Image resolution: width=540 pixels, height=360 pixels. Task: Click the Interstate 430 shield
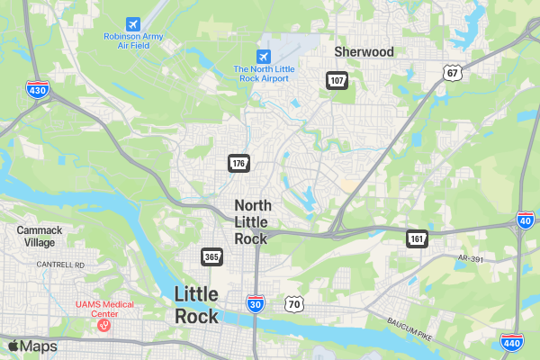(x=38, y=90)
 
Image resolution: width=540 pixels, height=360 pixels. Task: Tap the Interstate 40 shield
(x=526, y=220)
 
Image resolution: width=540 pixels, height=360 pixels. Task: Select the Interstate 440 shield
(x=511, y=342)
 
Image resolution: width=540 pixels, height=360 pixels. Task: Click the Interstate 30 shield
(x=256, y=306)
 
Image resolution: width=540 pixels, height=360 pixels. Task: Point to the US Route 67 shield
(x=452, y=72)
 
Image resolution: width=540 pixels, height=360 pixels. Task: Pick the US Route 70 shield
(x=294, y=304)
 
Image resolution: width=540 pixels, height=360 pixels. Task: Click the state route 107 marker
(x=337, y=81)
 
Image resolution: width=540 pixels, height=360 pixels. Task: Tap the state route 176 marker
(x=238, y=163)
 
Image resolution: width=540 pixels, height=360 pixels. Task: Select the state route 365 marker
(x=211, y=256)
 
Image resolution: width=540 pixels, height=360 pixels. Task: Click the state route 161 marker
(x=417, y=238)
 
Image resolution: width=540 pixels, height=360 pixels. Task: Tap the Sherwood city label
(x=364, y=52)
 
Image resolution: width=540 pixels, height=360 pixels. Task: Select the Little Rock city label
(x=196, y=305)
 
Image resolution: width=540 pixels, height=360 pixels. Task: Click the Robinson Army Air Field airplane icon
(x=134, y=22)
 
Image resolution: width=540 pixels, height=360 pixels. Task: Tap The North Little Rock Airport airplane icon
(x=263, y=56)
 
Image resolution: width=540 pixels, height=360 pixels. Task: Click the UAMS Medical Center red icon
(x=103, y=325)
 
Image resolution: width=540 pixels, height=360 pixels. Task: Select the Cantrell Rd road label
(x=60, y=265)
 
